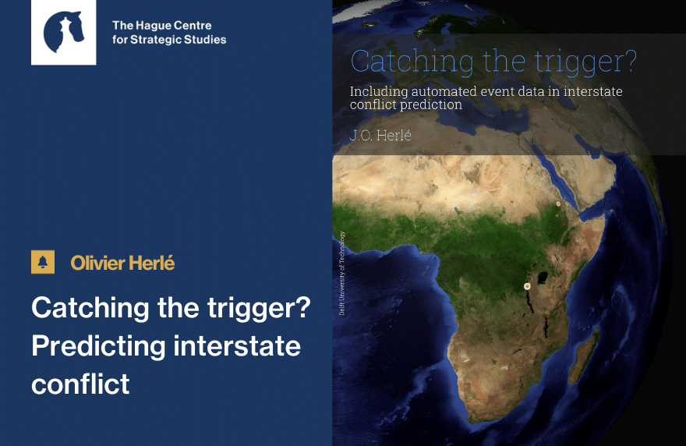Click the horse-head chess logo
(x=63, y=33)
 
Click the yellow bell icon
(x=43, y=262)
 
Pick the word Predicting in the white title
(x=98, y=346)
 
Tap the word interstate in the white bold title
(x=237, y=346)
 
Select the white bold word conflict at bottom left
(x=80, y=384)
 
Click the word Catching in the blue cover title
(x=412, y=62)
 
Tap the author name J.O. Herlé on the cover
(x=380, y=135)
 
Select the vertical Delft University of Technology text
(x=341, y=273)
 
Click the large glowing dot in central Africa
(x=527, y=286)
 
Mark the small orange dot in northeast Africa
(x=558, y=204)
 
